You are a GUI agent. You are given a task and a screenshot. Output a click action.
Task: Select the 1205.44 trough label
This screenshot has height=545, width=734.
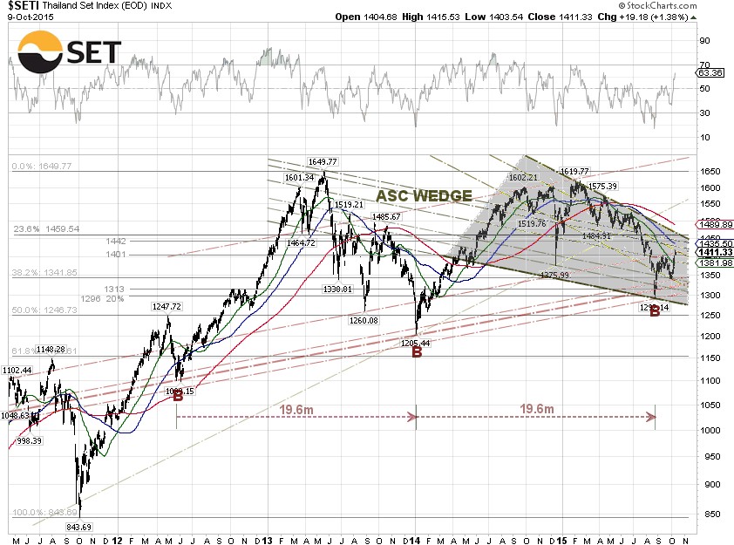pyautogui.click(x=415, y=343)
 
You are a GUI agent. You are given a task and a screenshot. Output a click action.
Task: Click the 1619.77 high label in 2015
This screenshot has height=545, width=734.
pyautogui.click(x=574, y=171)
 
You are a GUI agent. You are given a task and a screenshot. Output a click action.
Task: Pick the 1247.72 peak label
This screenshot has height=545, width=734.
pyautogui.click(x=165, y=307)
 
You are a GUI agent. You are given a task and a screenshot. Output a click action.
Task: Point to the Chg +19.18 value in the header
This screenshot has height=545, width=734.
pyautogui.click(x=659, y=17)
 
